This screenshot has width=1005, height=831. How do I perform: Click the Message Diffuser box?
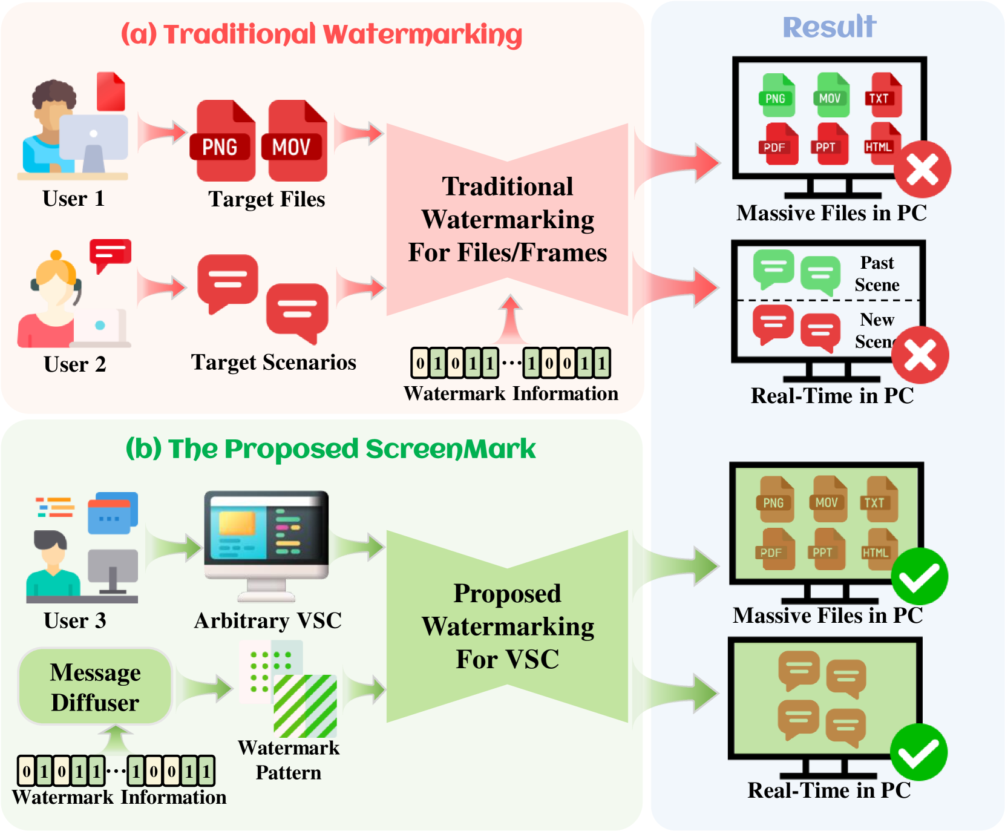point(95,686)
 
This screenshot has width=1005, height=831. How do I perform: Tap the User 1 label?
point(73,199)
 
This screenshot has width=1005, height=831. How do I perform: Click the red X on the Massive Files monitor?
point(922,169)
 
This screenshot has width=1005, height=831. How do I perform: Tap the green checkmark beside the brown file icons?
point(919,576)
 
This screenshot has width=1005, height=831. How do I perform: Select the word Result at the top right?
point(830,27)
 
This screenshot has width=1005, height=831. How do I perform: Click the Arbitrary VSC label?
point(268,620)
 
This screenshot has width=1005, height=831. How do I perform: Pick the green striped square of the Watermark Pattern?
point(305,706)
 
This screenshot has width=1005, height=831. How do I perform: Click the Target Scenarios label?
point(273,362)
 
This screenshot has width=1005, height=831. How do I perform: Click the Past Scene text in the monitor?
point(877,274)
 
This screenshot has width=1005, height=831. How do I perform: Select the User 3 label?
point(74,620)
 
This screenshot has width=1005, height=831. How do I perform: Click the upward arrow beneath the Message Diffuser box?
point(115,740)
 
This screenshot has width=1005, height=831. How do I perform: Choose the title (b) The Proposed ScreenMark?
point(330,449)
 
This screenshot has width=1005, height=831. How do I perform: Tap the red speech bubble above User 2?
point(110,254)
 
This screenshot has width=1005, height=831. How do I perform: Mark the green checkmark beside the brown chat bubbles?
point(918,752)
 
